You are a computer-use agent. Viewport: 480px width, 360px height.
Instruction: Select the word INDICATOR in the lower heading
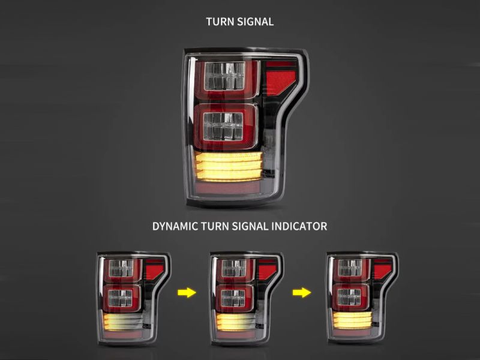pos(299,226)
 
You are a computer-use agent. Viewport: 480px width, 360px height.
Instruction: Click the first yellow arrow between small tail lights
pos(187,292)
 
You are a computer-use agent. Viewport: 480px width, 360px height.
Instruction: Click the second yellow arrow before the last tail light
pos(302,292)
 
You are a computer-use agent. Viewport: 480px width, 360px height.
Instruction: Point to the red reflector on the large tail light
pos(281,78)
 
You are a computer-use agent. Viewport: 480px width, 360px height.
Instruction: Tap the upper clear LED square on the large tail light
pos(225,76)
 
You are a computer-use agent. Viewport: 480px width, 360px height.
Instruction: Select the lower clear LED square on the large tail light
pos(223,127)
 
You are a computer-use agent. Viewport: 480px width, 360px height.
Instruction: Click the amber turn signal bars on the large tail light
pos(229,166)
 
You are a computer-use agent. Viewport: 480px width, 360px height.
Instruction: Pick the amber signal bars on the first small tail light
pos(123,322)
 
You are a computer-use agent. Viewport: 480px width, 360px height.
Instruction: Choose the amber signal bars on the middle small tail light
pos(235,322)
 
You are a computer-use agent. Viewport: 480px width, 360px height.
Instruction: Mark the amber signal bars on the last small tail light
pos(352,320)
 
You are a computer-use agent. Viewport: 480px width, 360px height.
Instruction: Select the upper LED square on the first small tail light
pos(122,268)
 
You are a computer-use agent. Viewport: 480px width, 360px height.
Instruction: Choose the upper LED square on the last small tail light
pos(350,268)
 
